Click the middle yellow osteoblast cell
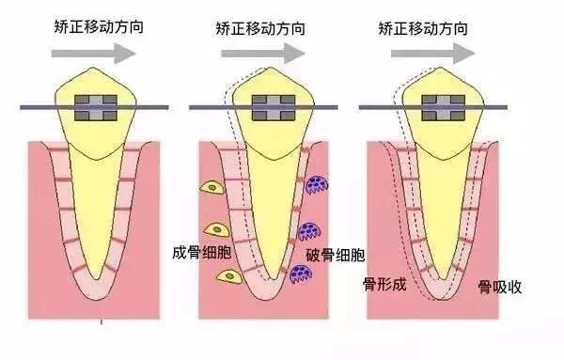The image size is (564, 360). tap(218, 229)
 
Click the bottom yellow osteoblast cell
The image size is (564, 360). tap(227, 274)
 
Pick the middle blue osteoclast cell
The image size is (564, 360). tap(309, 230)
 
